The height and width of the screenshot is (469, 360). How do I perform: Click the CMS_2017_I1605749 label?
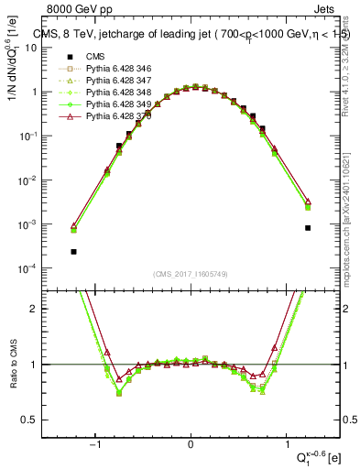[x=191, y=274]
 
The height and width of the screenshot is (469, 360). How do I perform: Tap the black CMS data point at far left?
[x=73, y=251]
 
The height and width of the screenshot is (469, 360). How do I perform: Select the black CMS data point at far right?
[x=308, y=228]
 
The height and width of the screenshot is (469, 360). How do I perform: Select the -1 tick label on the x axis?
[x=95, y=444]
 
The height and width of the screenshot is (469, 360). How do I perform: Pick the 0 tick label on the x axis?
[x=191, y=444]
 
